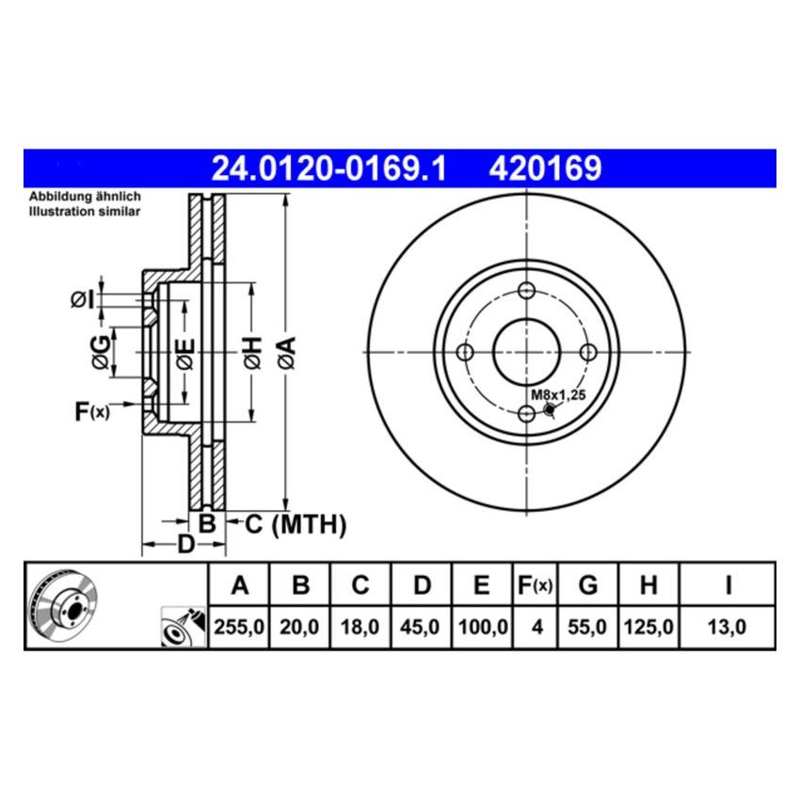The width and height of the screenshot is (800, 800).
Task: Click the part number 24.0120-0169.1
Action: (x=328, y=168)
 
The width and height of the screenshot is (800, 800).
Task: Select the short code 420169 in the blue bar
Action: (x=544, y=168)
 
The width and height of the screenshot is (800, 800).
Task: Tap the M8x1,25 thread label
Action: (x=558, y=395)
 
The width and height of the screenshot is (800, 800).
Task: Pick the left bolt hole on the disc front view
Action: (x=464, y=352)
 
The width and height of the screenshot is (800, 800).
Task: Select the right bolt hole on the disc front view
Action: (x=589, y=352)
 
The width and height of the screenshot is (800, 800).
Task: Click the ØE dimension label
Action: (x=184, y=351)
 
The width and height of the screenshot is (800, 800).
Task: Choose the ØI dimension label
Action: (x=84, y=300)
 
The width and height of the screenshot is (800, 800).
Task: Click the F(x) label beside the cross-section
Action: (x=92, y=410)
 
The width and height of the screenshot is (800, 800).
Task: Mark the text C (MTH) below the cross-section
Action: (x=296, y=524)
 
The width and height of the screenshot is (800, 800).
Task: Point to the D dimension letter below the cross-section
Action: (x=186, y=545)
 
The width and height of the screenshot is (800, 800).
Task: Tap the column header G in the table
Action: (x=587, y=586)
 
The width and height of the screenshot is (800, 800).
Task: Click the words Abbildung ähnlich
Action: (x=85, y=196)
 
